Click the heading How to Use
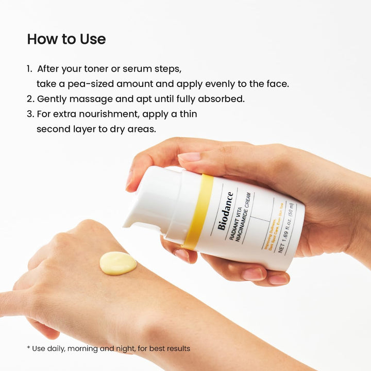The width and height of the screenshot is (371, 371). click(66, 39)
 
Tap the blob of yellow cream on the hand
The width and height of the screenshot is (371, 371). click(118, 263)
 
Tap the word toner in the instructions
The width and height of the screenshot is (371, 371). click(104, 69)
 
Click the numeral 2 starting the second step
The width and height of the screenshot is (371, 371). click(30, 98)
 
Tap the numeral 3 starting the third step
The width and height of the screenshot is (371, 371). click(30, 113)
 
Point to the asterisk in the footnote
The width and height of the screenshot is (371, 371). click(28, 348)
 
